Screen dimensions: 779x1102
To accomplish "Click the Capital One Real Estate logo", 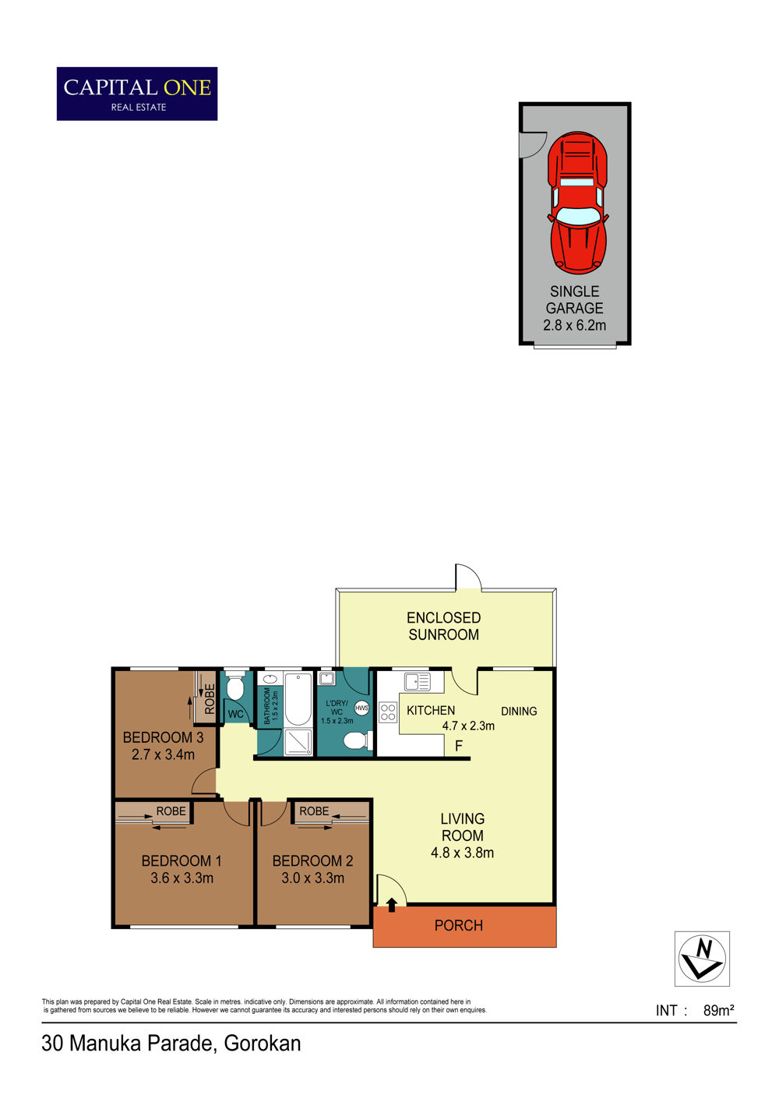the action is (x=137, y=94).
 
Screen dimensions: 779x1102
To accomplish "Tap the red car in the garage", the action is (x=577, y=203).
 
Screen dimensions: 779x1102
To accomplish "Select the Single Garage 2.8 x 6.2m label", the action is (x=574, y=308).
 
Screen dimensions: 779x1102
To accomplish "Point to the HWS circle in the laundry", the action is (x=361, y=708).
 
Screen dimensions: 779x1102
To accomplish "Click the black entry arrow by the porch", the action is (x=392, y=905).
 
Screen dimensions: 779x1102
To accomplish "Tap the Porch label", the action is (x=458, y=925).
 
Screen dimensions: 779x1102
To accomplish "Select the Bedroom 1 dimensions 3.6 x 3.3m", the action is (x=182, y=878).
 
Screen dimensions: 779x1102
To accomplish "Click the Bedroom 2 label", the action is (x=313, y=860).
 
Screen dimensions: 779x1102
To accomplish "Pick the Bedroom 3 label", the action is (x=163, y=737).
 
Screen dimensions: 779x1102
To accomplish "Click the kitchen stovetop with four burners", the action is (x=388, y=712).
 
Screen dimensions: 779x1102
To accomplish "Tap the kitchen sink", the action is (x=417, y=682).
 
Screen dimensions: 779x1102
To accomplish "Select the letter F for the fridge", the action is (x=458, y=747).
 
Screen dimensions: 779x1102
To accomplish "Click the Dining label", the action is (x=519, y=711).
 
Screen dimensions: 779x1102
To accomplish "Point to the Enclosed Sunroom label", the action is (x=443, y=626).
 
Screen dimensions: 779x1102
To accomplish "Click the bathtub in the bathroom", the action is (x=298, y=699).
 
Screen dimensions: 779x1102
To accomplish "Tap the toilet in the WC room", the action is (x=235, y=687).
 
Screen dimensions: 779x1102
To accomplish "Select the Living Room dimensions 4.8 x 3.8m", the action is (x=462, y=853).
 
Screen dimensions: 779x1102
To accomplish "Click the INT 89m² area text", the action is (x=695, y=1011).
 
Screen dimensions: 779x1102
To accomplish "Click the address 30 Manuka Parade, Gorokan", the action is (x=171, y=1043).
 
